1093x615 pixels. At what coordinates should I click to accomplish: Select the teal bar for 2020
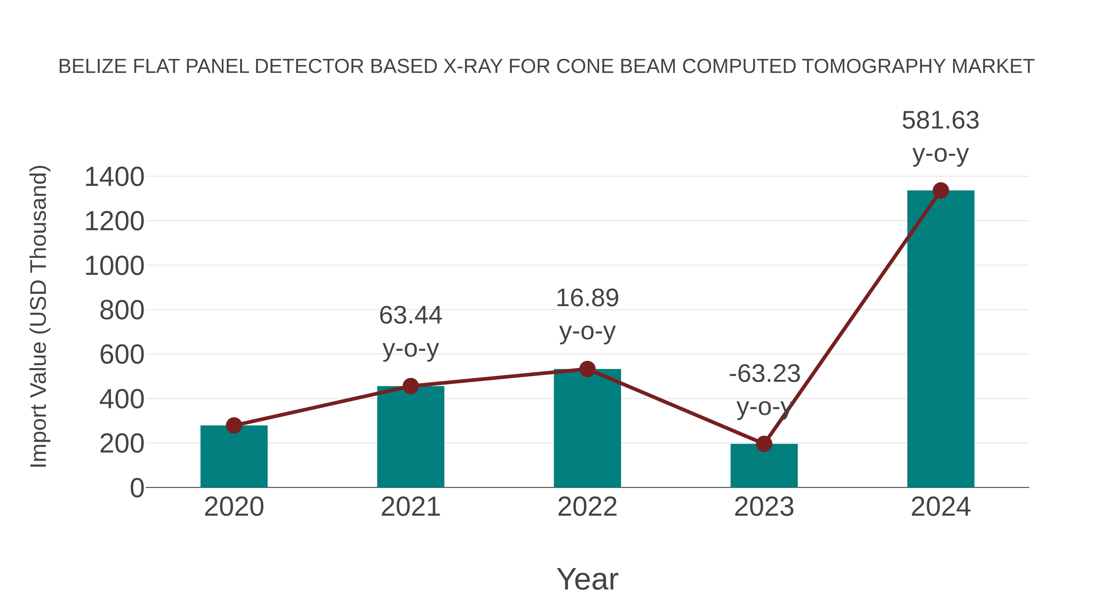pyautogui.click(x=234, y=458)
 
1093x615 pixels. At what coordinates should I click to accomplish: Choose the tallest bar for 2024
pyautogui.click(x=941, y=340)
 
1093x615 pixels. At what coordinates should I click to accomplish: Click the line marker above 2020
pyautogui.click(x=234, y=425)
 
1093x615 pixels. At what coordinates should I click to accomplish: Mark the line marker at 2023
pyautogui.click(x=764, y=444)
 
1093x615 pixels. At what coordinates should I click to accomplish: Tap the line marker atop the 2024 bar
pyautogui.click(x=941, y=190)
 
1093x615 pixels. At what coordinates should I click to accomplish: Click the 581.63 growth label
pyautogui.click(x=940, y=121)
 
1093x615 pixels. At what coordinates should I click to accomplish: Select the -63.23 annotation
pyautogui.click(x=764, y=374)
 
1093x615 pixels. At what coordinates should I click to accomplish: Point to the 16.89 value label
pyautogui.click(x=587, y=298)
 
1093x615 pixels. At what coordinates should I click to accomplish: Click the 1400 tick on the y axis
pyautogui.click(x=114, y=177)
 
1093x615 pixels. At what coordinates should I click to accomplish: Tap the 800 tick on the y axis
pyautogui.click(x=122, y=311)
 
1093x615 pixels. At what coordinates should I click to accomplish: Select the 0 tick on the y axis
pyautogui.click(x=137, y=488)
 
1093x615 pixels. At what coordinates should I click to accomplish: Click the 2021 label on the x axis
pyautogui.click(x=410, y=507)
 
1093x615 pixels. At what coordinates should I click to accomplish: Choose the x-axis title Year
pyautogui.click(x=587, y=579)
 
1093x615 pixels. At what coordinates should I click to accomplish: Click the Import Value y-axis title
pyautogui.click(x=39, y=316)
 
